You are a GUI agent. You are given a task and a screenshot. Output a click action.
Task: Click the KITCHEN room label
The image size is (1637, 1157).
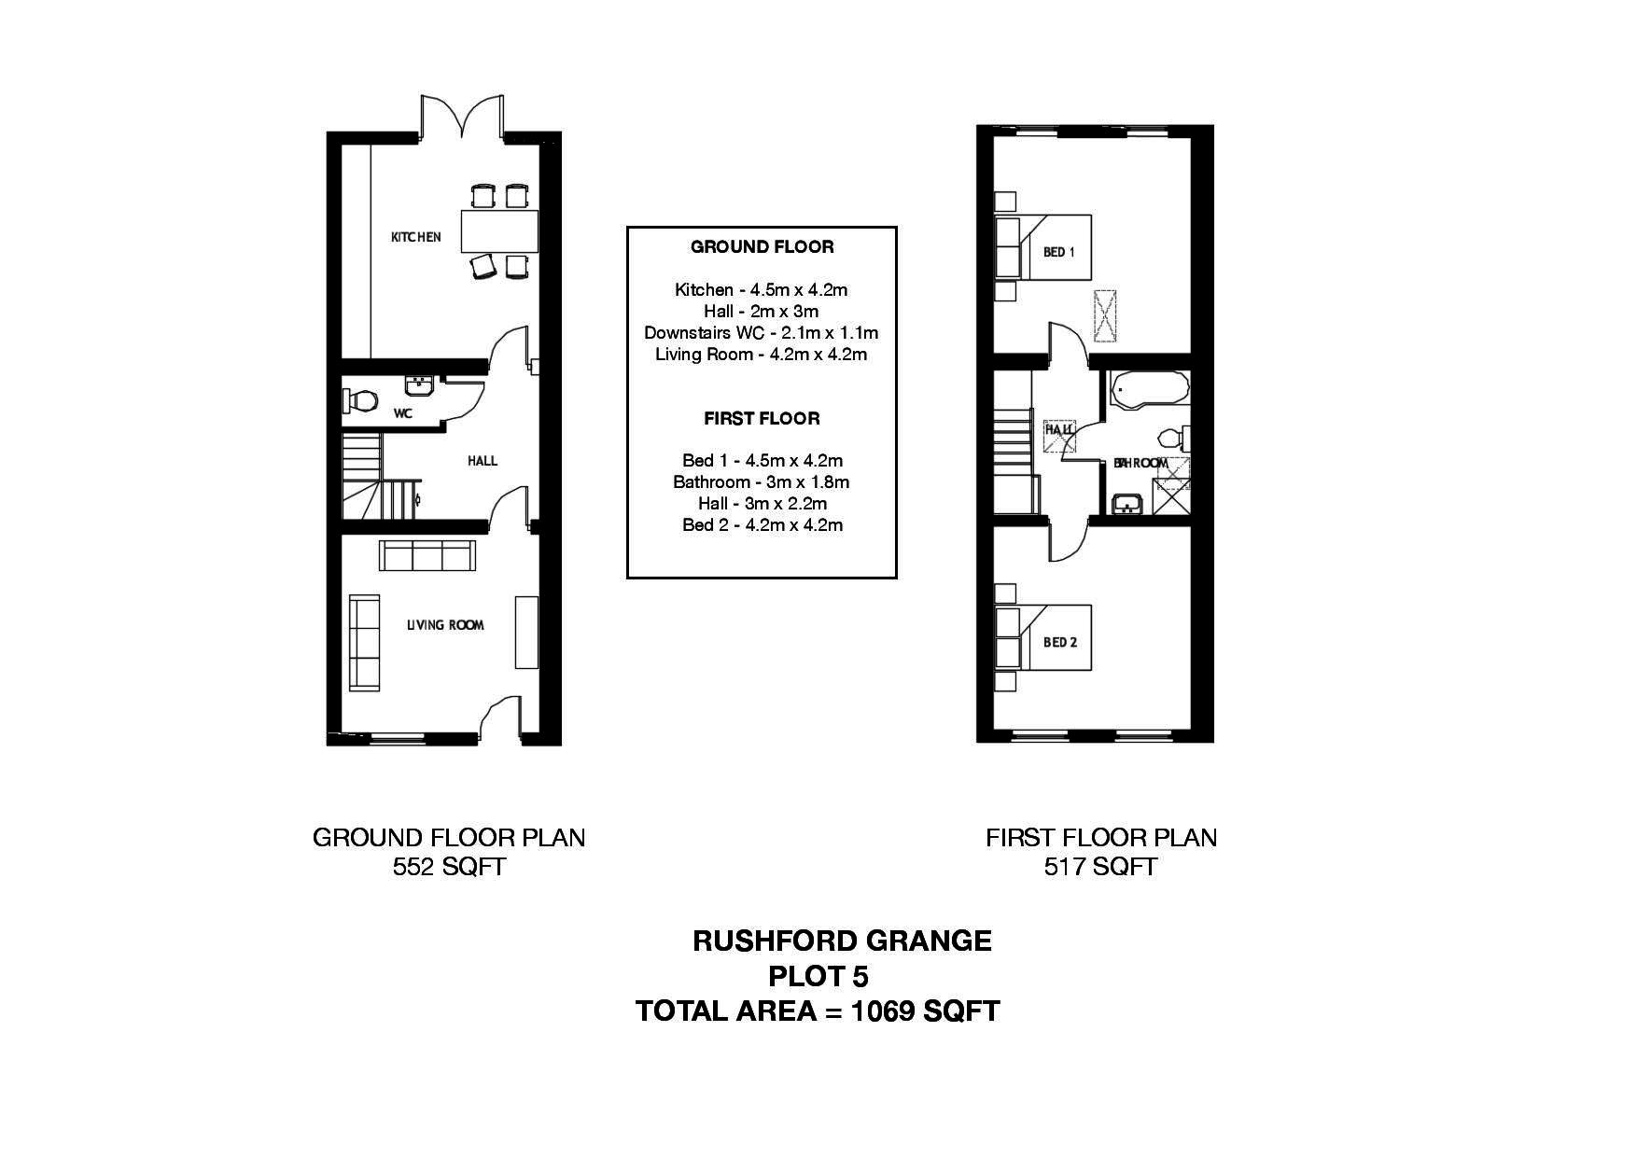coord(415,237)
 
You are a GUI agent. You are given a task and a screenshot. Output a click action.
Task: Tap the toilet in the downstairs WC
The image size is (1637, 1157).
coord(359,400)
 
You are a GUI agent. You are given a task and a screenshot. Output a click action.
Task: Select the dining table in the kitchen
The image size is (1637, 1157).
coord(499,231)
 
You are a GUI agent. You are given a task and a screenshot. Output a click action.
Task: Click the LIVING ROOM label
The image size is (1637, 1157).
coord(445,625)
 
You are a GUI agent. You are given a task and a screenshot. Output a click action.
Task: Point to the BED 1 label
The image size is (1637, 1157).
coord(1059,252)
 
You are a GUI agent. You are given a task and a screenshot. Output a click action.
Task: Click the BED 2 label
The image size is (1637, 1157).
coord(1060,642)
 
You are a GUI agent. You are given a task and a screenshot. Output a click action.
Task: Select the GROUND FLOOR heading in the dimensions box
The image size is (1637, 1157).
coord(762,247)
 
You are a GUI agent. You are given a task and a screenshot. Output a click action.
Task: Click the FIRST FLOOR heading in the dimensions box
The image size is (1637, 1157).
coord(762,419)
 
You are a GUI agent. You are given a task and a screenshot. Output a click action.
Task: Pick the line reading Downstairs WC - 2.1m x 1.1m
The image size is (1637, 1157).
coord(761,333)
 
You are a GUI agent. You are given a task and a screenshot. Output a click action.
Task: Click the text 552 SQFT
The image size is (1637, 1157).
coord(449,868)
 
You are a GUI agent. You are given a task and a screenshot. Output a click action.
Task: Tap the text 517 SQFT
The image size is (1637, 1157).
coord(1100,868)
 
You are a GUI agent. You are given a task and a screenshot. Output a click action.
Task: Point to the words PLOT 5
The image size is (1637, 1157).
coord(818,977)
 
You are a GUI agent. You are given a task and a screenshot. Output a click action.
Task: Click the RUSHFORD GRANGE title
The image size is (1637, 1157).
coord(842,941)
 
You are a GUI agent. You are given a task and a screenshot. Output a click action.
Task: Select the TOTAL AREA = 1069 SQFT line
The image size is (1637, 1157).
coord(818,1011)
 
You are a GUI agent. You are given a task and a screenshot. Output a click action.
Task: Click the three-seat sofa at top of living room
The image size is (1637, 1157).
coord(427,556)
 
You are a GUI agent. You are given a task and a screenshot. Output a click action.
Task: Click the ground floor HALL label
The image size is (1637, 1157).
coord(483,461)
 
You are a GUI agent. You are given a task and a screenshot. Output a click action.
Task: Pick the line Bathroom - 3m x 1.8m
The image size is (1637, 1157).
coord(761,482)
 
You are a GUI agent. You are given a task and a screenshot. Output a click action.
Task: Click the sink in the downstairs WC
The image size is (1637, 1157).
coord(417,385)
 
